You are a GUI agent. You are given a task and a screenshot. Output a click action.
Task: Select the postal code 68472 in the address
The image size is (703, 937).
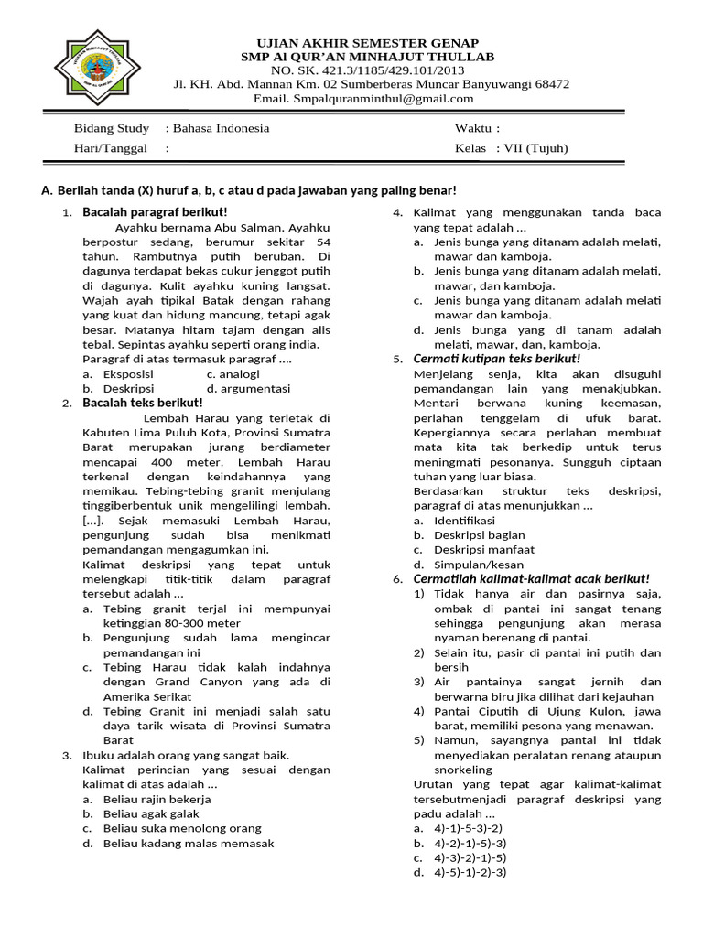pos(549,84)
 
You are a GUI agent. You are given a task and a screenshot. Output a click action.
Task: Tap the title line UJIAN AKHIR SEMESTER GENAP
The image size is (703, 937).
pos(366,44)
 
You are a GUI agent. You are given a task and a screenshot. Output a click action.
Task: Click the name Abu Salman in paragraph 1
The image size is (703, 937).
pos(243,227)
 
